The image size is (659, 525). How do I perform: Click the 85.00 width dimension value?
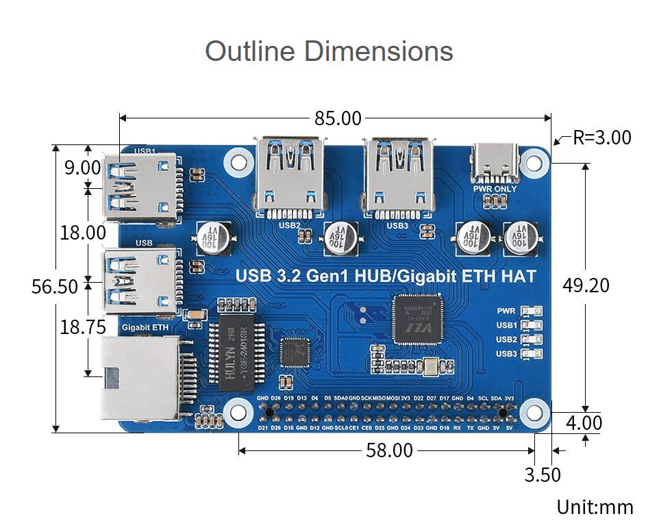(338, 118)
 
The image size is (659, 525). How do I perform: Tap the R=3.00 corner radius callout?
(601, 138)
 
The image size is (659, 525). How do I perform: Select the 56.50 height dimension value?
(55, 286)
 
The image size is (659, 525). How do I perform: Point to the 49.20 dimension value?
(586, 285)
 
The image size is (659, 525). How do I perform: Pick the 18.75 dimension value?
(83, 327)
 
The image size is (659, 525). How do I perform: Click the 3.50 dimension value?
(543, 474)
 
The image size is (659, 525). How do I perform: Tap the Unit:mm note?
(595, 507)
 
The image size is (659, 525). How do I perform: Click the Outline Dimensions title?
(329, 51)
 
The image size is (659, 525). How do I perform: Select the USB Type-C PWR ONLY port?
(495, 163)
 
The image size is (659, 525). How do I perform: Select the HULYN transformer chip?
(233, 353)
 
